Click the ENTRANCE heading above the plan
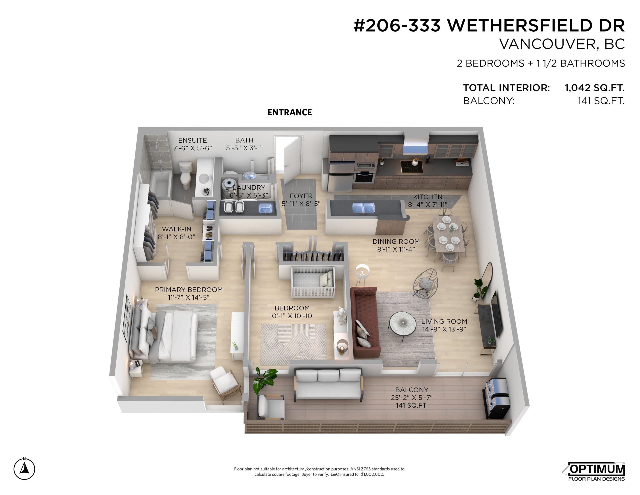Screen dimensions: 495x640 [290, 112]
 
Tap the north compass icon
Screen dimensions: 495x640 [24, 469]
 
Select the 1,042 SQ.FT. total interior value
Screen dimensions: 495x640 [594, 88]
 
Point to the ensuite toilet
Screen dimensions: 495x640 [185, 175]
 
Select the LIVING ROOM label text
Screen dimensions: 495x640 [444, 321]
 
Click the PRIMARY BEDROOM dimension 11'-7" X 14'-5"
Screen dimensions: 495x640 [189, 297]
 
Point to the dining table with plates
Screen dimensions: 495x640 [447, 233]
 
